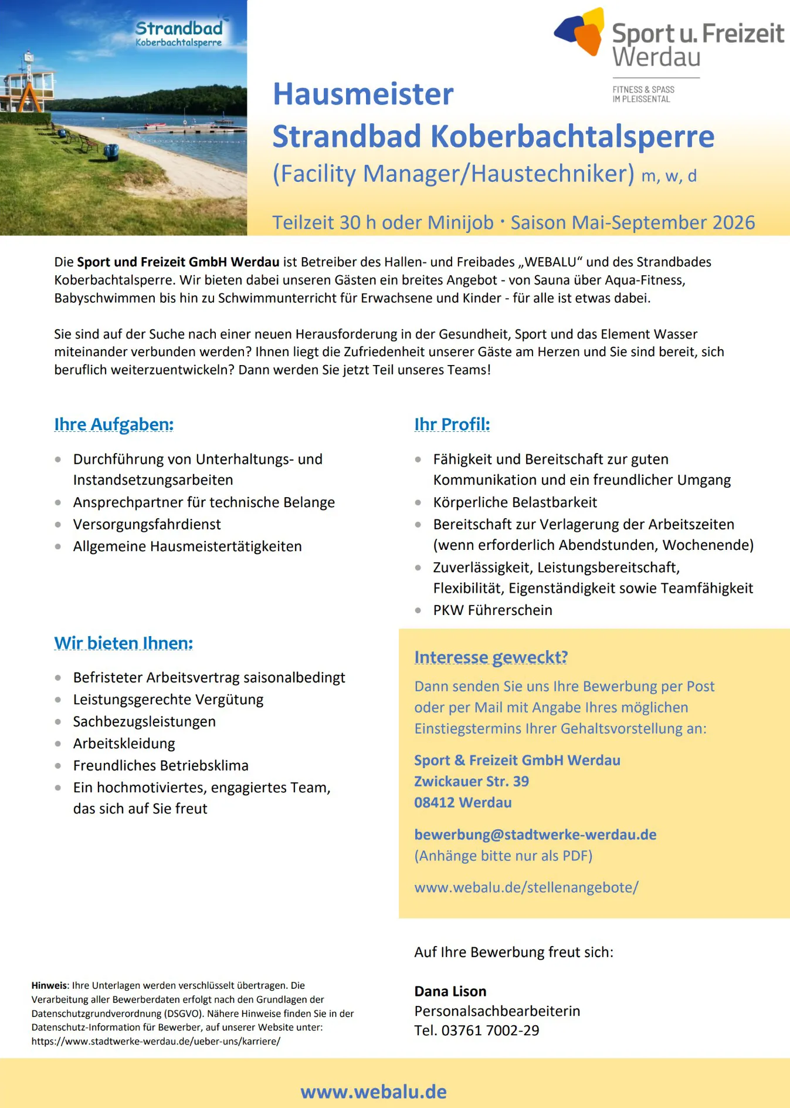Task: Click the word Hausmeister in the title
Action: coord(363,94)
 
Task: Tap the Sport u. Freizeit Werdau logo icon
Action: coord(581,32)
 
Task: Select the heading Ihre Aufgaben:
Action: coord(114,424)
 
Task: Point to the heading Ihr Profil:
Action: coord(452,424)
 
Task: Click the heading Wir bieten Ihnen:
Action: coord(123,643)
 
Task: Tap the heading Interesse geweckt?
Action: coord(491,657)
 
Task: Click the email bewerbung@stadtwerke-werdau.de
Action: coord(535,835)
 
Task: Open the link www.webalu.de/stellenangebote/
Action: coord(526,887)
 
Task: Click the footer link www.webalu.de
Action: coord(374,1092)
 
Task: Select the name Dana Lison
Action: coord(450,991)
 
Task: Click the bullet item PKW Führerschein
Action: coord(492,610)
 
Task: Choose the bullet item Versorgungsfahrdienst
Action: coord(147,525)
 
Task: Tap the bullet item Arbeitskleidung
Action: coord(124,744)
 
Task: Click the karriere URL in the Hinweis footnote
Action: coord(155,1042)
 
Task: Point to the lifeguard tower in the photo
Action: coord(28,88)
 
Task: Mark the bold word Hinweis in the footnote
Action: coord(50,986)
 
